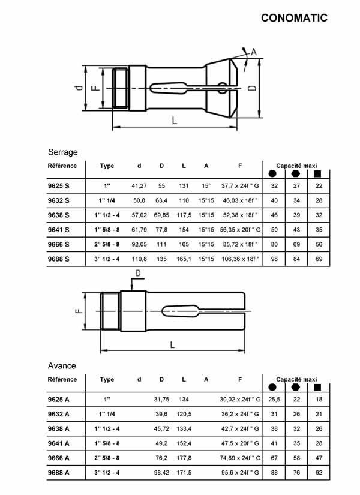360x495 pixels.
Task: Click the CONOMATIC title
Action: [x=294, y=18]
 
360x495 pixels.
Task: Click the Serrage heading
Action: [x=62, y=152]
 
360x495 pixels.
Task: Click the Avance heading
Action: [x=62, y=365]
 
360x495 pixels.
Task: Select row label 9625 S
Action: [x=59, y=187]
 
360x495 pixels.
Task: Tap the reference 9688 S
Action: [x=59, y=259]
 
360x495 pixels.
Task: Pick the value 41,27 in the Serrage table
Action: [x=139, y=187]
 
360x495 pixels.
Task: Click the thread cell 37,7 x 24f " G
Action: [x=241, y=187]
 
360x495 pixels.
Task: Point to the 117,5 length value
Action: [x=184, y=215]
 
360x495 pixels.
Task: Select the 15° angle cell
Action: [x=206, y=187]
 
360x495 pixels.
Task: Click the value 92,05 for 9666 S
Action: [x=139, y=244]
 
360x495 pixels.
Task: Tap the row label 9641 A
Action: [x=59, y=443]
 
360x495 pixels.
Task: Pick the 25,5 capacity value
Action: [x=274, y=400]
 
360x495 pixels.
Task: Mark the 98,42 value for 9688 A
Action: [x=161, y=472]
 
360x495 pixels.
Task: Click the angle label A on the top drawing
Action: [x=253, y=52]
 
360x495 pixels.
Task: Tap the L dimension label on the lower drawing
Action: [x=172, y=344]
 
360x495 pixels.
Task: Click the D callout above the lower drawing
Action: [x=137, y=274]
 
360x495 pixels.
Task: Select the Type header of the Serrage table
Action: [x=107, y=166]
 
